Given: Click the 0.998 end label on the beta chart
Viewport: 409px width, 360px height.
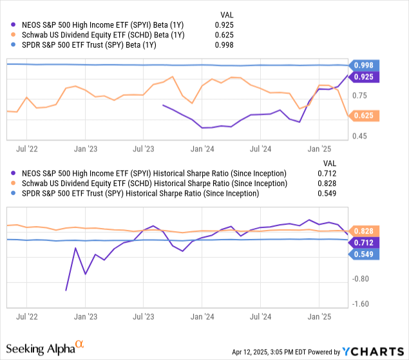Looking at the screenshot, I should (x=365, y=65).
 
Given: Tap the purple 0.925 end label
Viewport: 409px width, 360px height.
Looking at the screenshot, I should (x=365, y=77).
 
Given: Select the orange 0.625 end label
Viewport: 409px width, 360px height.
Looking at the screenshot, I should (x=365, y=115).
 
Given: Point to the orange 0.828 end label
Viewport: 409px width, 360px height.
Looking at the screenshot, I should (x=365, y=231).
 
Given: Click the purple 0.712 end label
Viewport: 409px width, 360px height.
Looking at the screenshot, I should (x=365, y=242).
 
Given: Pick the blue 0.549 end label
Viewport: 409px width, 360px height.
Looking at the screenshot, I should (x=365, y=254).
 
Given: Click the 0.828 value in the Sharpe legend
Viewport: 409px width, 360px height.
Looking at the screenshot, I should (x=327, y=184).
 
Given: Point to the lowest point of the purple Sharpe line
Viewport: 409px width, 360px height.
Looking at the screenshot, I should (x=66, y=290).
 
